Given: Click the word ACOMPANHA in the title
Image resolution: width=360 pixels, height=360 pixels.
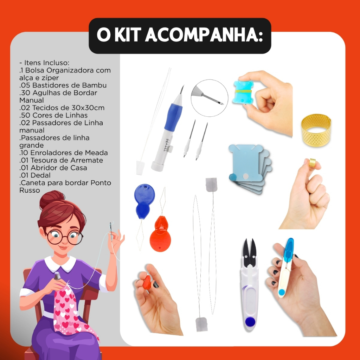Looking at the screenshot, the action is coord(204,36).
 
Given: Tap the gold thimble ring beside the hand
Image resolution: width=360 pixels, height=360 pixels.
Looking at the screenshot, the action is coord(316,130).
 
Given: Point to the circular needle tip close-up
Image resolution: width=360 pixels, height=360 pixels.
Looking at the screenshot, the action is coord(210,98).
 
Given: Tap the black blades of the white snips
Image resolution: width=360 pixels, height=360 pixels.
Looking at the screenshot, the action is coord(250,252).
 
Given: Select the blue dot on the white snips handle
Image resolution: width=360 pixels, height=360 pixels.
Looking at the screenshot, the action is coord(250,321).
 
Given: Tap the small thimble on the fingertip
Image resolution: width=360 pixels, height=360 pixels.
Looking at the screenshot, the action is coord(312,162).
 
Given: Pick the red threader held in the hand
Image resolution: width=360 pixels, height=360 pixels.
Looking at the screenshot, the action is coord(147,282).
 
